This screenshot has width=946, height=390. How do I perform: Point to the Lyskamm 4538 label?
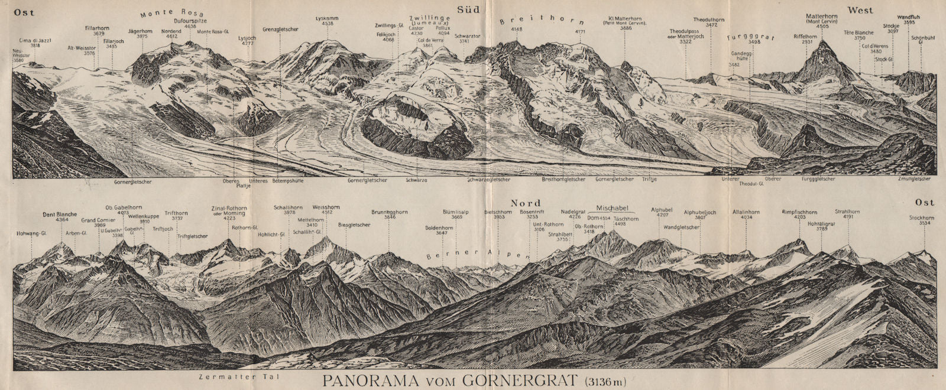click(x=327, y=21)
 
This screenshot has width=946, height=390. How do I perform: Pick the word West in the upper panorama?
click(x=861, y=9)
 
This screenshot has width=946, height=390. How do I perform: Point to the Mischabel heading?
click(x=615, y=208)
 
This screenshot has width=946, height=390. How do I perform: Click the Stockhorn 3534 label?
click(x=922, y=220)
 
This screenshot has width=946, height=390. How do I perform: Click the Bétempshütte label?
click(x=287, y=180)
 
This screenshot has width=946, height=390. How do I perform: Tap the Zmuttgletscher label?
click(x=913, y=178)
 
